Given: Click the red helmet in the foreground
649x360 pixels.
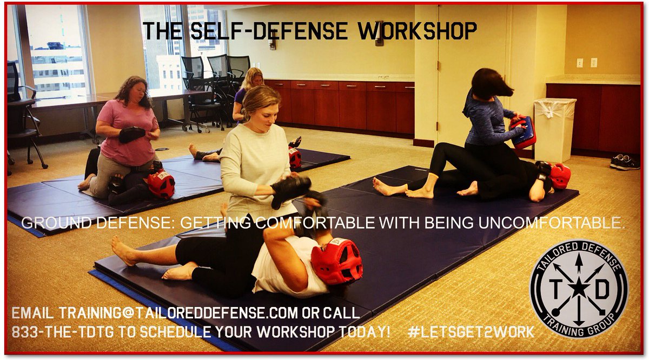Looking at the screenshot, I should coord(336,261).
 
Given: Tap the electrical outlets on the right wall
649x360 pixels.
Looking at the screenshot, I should coord(587,63).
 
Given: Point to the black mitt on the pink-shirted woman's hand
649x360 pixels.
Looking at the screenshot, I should coord(132,135).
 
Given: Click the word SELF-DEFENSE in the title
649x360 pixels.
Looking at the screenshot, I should coord(259,31).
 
